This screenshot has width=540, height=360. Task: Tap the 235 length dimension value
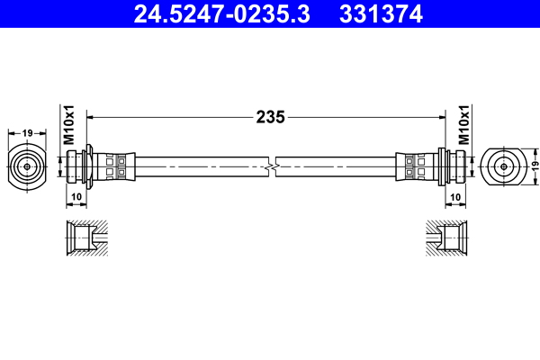click(x=270, y=116)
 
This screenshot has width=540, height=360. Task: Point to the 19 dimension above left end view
click(x=28, y=133)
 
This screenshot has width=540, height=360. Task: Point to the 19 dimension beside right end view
click(x=533, y=166)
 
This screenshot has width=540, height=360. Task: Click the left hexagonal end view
click(x=28, y=166)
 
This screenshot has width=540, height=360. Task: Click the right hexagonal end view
click(x=501, y=166)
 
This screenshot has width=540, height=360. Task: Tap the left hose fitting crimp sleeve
click(x=117, y=166)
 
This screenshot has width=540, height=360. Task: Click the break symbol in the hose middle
click(x=271, y=166)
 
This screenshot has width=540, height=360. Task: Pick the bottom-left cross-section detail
click(x=87, y=238)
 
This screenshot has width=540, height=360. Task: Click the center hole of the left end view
click(x=28, y=166)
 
